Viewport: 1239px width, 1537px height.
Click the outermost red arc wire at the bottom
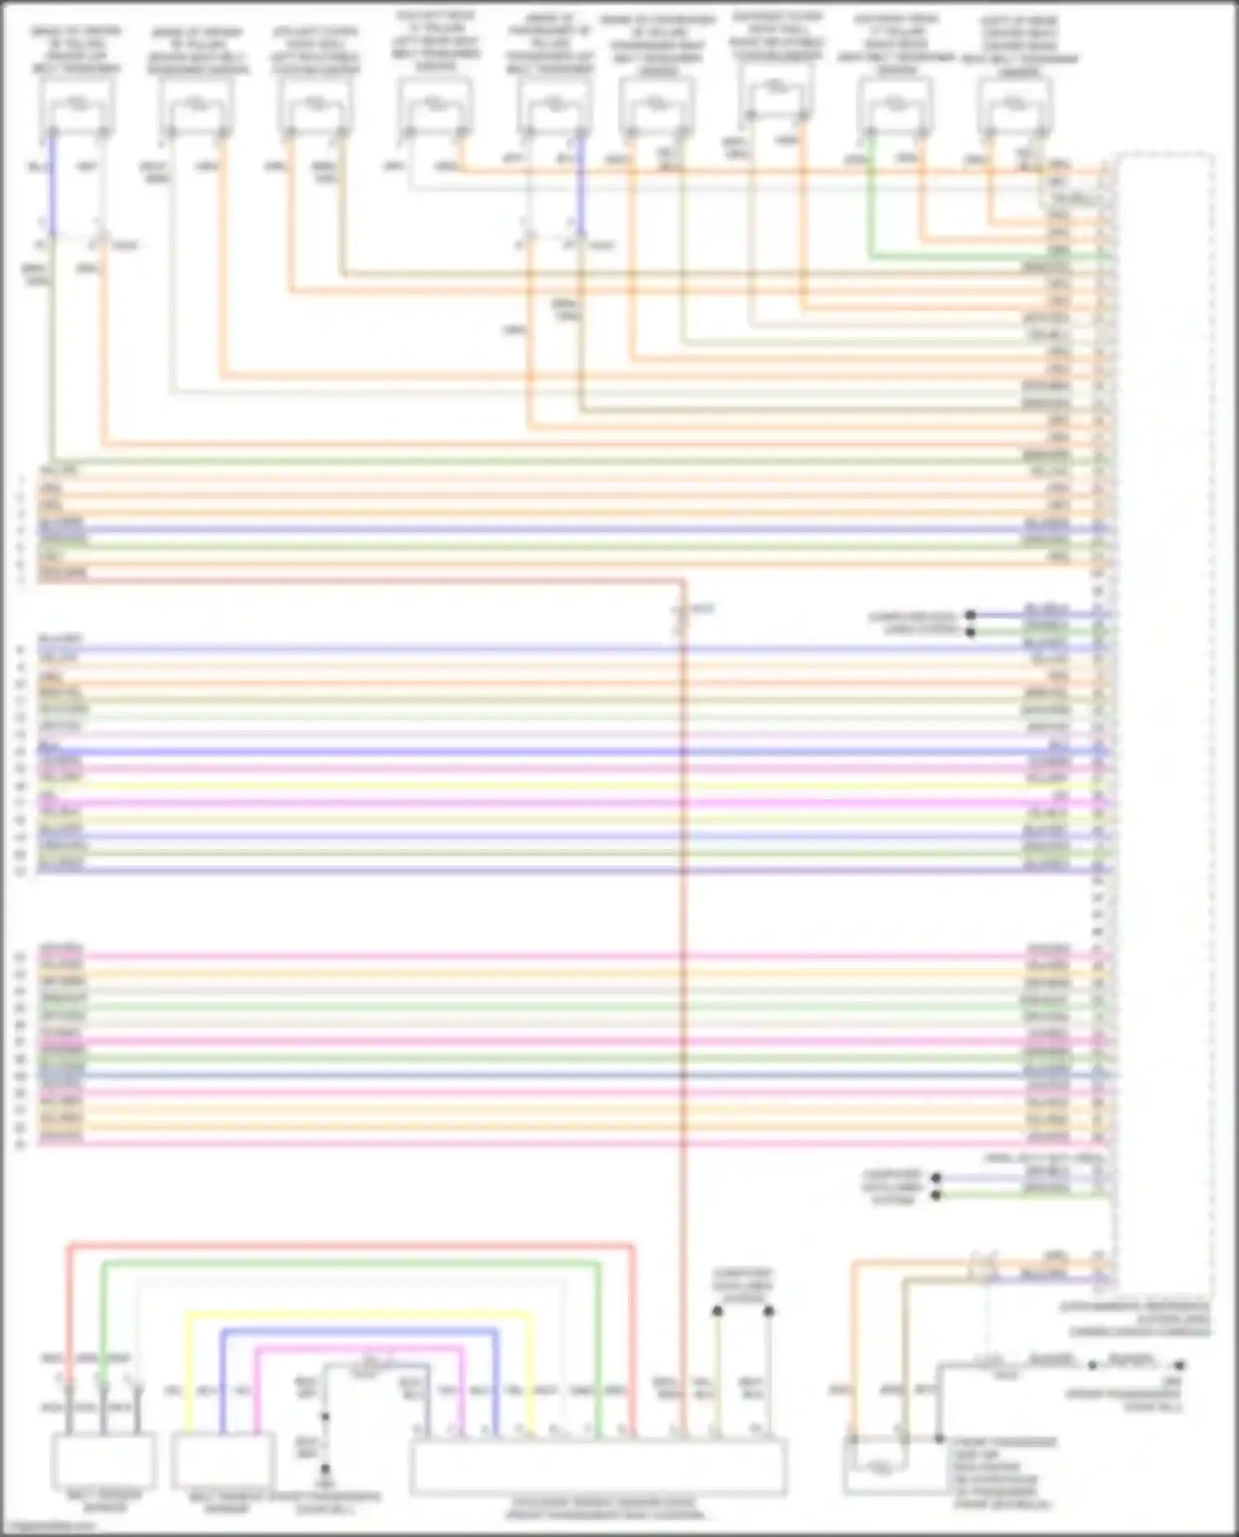(x=347, y=1245)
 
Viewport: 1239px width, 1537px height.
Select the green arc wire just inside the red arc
(x=347, y=1263)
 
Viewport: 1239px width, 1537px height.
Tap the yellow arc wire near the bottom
(x=355, y=1314)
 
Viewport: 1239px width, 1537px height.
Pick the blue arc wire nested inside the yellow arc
(x=355, y=1331)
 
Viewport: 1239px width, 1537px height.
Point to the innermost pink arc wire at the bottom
(x=355, y=1349)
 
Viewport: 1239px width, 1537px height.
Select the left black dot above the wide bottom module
(x=717, y=1311)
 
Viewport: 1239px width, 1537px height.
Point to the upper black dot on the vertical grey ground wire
(x=325, y=1416)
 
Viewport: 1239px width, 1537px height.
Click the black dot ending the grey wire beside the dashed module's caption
(x=1180, y=1366)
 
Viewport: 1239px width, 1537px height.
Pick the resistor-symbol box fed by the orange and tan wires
(x=880, y=1466)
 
